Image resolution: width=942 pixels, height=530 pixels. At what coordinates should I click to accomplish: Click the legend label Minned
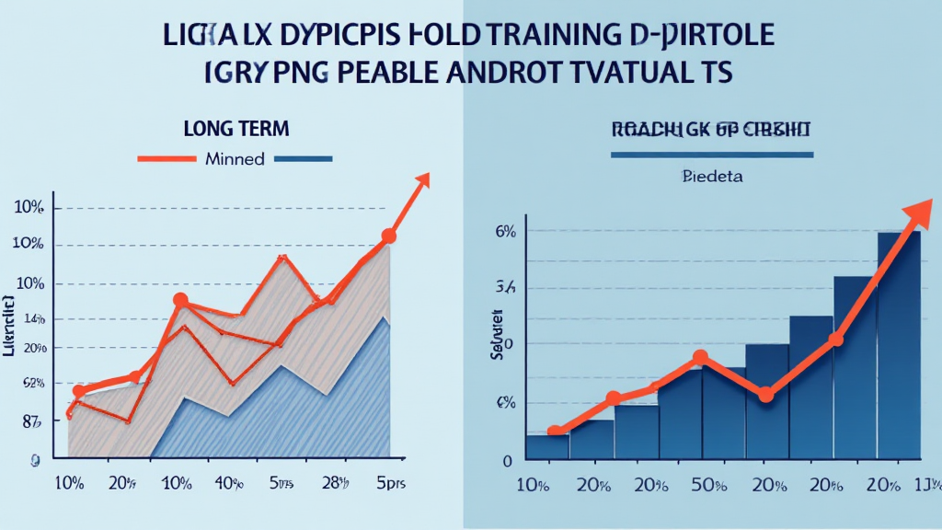point(235,158)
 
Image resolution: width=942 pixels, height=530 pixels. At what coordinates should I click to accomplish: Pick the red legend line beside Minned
point(167,158)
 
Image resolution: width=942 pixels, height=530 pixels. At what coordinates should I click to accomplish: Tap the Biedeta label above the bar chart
point(712,174)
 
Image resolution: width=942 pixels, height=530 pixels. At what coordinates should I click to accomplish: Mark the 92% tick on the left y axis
point(30,383)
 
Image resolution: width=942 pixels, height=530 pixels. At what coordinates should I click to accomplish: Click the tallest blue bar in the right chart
point(898,345)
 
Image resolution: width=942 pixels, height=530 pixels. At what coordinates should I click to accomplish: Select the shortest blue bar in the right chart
point(547,446)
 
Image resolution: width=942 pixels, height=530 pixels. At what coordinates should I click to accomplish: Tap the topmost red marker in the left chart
point(388,236)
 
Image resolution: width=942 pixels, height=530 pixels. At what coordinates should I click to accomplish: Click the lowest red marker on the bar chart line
point(555,431)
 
